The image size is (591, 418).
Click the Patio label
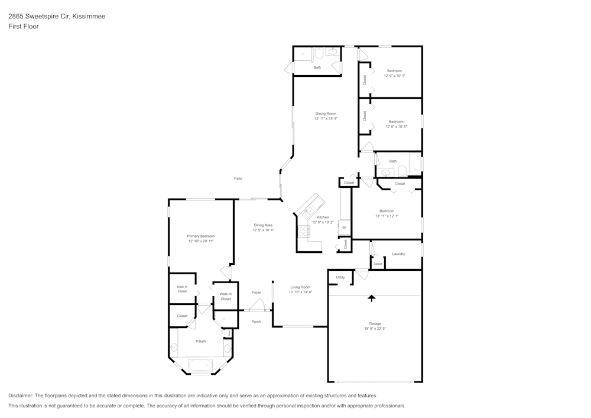tap(238, 178)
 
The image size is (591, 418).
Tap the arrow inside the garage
tap(372, 298)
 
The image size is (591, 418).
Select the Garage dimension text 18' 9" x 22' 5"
tap(375, 329)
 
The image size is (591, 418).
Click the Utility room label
tap(340, 277)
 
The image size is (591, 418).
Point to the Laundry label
tap(398, 254)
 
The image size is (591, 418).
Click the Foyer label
tap(256, 293)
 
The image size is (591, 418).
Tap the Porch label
tap(256, 322)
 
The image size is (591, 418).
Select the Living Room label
tap(300, 287)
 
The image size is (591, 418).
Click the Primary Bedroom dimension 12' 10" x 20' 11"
tap(201, 241)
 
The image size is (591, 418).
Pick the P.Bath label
tap(201, 341)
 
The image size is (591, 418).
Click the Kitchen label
tap(323, 217)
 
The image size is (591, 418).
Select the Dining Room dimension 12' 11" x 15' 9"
tap(326, 119)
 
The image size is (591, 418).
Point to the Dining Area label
tap(263, 225)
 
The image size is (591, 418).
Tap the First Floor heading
tap(23, 27)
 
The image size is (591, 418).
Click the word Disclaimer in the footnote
tap(21, 396)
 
